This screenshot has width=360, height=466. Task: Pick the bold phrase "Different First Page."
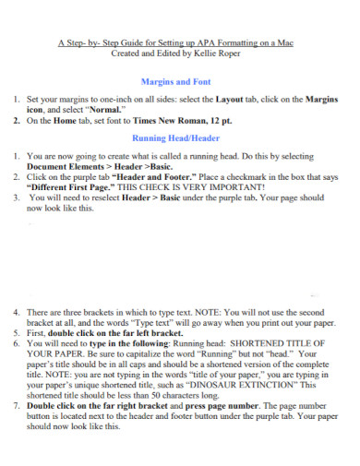[85, 185]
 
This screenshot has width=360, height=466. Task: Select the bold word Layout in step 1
[231, 98]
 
